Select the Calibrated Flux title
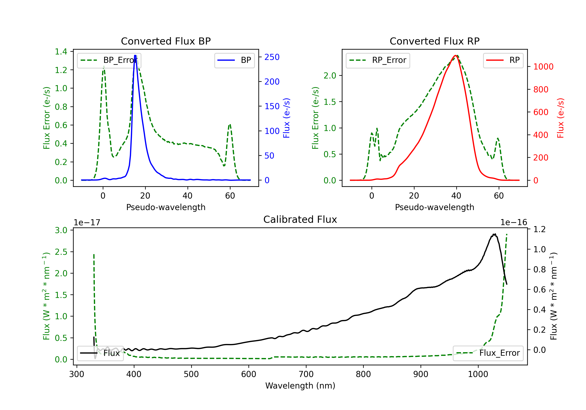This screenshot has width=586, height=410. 300,219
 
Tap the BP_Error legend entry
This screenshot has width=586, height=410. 109,60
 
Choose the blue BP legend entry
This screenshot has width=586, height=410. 234,60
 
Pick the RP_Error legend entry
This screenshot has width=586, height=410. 378,60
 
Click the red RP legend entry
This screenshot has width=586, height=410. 503,60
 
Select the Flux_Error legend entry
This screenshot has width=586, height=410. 488,353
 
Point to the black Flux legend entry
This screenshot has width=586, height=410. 100,353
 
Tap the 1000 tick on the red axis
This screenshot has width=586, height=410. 543,67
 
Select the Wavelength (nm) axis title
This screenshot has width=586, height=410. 300,386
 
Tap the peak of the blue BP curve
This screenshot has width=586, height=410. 135,55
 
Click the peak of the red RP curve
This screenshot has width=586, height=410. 455,55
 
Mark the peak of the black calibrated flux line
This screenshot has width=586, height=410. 495,234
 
